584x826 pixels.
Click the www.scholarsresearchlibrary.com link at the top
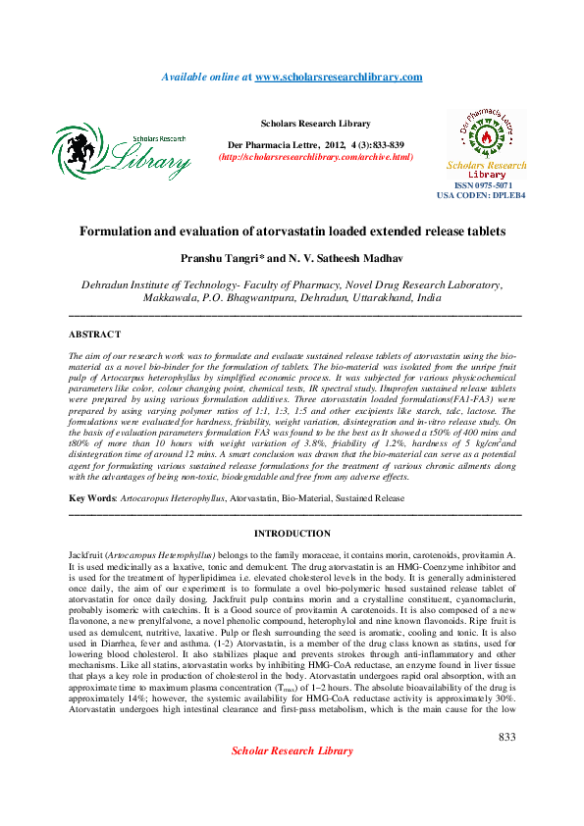(339, 77)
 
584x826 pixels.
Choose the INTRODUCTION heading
(292, 534)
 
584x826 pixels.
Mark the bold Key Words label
(91, 498)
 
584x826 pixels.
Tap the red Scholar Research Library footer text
(292, 778)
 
